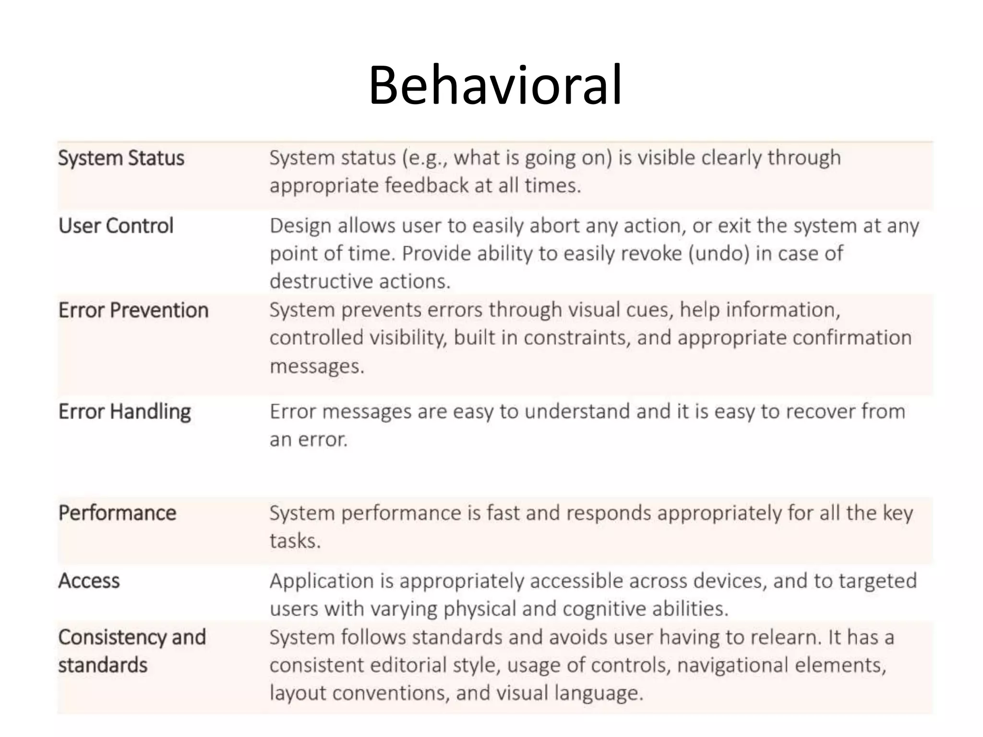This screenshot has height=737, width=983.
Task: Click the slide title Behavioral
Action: point(495,85)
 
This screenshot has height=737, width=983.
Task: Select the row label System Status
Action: point(121,158)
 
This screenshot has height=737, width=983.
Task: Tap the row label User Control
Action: point(116,226)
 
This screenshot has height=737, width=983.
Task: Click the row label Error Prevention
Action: point(133,310)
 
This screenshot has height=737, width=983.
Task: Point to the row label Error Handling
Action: point(124,412)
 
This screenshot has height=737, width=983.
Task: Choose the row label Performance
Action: point(117,513)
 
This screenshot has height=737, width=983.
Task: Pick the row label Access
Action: point(89,581)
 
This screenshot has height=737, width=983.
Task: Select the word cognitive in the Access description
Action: point(604,609)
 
